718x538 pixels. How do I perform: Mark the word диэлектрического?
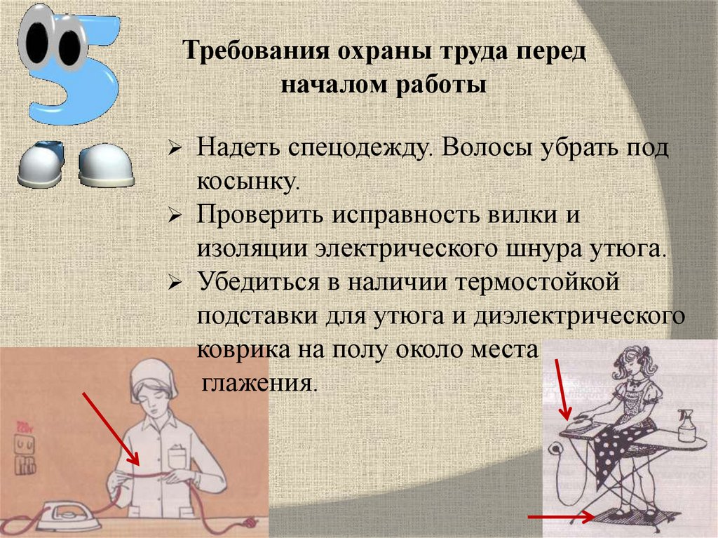click(x=578, y=316)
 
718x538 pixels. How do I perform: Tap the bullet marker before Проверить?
click(x=176, y=217)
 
